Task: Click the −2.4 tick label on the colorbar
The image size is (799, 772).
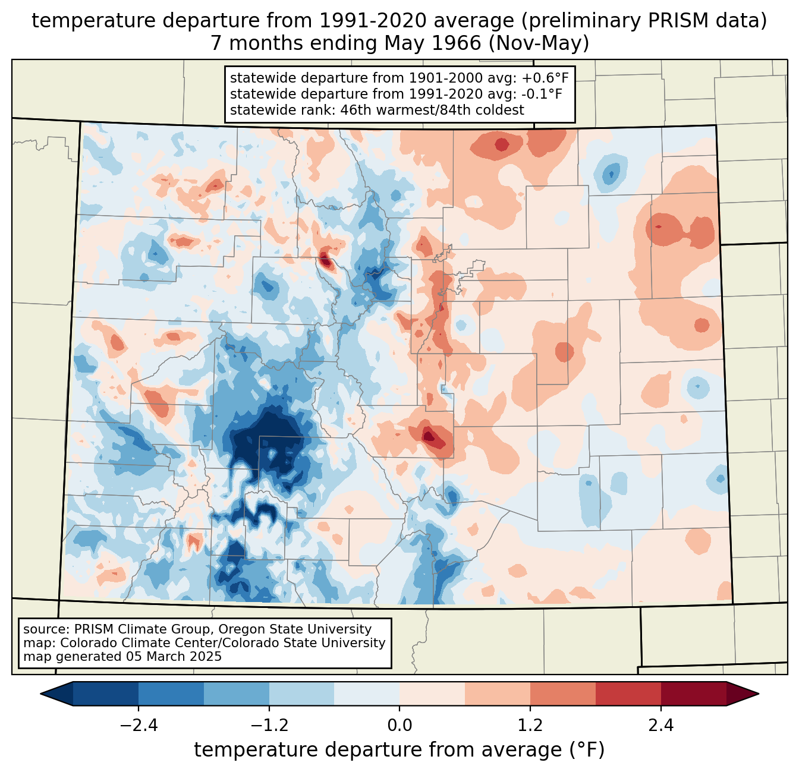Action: tap(139, 726)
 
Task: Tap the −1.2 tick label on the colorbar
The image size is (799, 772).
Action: tap(269, 726)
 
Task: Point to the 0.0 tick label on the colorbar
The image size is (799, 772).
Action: tap(400, 726)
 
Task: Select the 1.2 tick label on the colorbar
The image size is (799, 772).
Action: tap(530, 726)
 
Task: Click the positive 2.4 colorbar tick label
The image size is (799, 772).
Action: tap(661, 726)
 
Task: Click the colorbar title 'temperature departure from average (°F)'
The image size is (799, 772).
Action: tap(400, 750)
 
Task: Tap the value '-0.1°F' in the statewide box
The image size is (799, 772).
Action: tap(539, 94)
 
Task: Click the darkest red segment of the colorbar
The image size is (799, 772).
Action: tap(694, 694)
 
